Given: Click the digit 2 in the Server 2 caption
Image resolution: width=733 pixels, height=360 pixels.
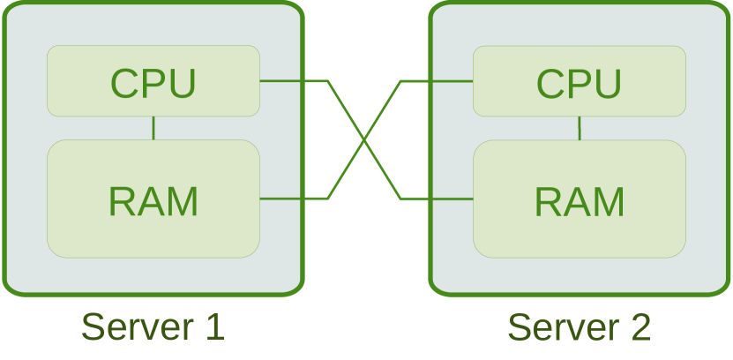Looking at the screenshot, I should tap(640, 326).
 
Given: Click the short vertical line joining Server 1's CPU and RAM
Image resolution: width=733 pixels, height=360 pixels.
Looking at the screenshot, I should tap(153, 128).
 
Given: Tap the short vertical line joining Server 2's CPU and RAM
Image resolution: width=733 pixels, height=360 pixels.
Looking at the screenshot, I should tap(580, 128).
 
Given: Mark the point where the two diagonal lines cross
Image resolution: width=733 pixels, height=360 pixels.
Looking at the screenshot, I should tap(364, 140).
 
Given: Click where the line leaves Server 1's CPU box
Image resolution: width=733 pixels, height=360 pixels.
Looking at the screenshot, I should tap(261, 81).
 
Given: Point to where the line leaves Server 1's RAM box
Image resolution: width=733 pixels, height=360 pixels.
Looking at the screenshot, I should tap(261, 199).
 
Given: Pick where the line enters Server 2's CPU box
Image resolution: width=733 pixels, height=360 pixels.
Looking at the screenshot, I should tap(473, 81).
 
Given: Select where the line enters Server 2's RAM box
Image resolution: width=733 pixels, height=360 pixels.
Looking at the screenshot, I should tap(473, 199).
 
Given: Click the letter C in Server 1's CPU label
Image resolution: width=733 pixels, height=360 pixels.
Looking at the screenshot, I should tap(124, 84).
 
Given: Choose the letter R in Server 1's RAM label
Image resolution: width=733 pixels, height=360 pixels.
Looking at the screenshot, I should tap(123, 202).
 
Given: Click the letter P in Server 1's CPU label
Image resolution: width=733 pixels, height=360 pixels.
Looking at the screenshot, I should tap(153, 84).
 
